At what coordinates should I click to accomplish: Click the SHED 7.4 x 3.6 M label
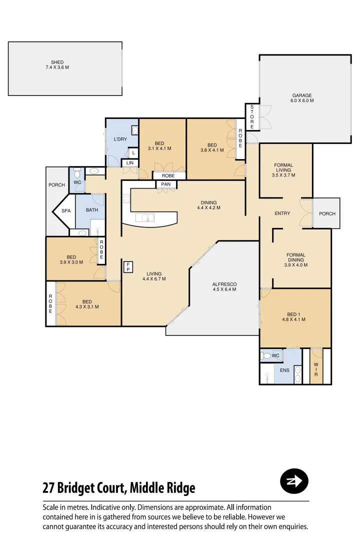point(57,65)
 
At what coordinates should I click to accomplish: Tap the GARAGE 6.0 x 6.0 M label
point(302,98)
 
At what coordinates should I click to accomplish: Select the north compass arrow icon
point(294,481)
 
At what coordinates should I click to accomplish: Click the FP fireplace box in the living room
point(128,266)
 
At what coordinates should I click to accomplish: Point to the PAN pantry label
point(166,184)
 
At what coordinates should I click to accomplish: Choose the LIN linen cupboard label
point(129,163)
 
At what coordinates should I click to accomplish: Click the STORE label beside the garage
point(251,117)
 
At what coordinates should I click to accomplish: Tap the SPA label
point(66,211)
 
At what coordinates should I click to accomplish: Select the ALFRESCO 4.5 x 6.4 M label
point(224,286)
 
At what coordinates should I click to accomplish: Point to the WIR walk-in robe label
point(316,369)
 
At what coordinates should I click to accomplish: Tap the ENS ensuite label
point(284,370)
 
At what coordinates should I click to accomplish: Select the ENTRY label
point(282,213)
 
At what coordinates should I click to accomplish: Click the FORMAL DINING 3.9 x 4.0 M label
point(295,260)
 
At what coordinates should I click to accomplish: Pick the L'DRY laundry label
point(120,139)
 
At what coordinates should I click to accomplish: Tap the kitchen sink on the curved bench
point(147,217)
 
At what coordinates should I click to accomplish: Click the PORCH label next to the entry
point(327,213)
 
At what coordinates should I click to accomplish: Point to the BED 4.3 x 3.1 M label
point(87,304)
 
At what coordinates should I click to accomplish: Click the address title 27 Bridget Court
point(119,487)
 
